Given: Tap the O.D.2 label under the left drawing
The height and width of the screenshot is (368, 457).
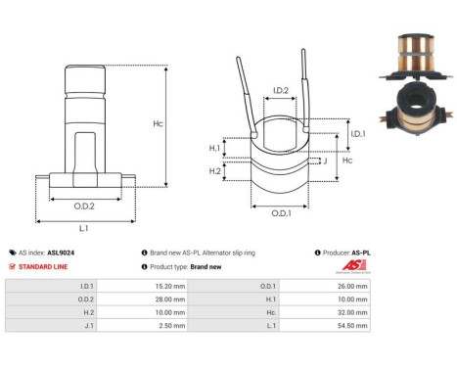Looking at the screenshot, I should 84,206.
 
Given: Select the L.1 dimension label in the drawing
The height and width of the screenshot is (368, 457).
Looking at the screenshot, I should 84,227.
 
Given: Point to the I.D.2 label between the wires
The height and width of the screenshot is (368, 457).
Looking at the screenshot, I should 279,91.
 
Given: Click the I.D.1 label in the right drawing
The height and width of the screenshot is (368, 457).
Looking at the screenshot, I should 357,133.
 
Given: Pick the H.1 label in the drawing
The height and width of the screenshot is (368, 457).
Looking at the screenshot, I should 214,148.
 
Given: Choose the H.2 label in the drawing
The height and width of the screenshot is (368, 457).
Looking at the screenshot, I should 214,171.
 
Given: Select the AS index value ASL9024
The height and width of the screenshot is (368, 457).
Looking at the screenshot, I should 62,252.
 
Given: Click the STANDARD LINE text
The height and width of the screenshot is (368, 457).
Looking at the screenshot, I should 46,266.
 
